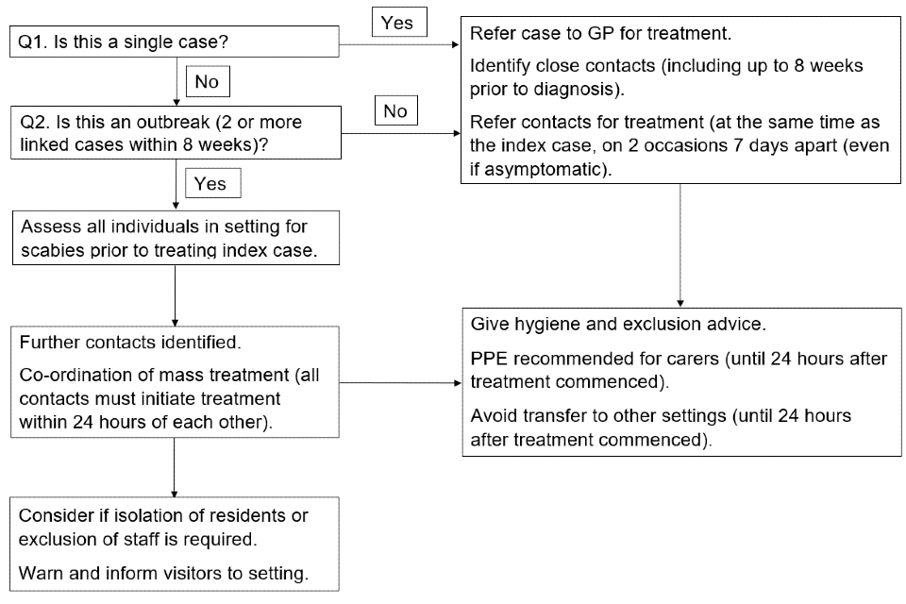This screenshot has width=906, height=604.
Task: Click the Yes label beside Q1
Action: pyautogui.click(x=398, y=22)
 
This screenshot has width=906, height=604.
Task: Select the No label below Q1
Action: pyautogui.click(x=208, y=81)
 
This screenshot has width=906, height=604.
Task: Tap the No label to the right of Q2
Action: pyautogui.click(x=395, y=110)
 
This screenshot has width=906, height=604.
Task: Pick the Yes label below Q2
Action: pyautogui.click(x=212, y=183)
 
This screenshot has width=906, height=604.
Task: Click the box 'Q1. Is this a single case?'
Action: pyautogui.click(x=174, y=42)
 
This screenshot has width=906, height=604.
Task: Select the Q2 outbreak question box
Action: pyautogui.click(x=176, y=132)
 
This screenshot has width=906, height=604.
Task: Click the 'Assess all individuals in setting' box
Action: pyautogui.click(x=176, y=238)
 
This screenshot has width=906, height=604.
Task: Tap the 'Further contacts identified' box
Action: pyautogui.click(x=175, y=381)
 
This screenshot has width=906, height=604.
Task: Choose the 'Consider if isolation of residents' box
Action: pyautogui.click(x=174, y=544)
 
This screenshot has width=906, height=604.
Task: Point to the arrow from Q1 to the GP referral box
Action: pyautogui.click(x=399, y=44)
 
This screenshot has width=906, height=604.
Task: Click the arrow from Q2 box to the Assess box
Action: pyautogui.click(x=176, y=184)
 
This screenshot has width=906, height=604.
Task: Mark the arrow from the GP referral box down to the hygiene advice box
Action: pyautogui.click(x=680, y=245)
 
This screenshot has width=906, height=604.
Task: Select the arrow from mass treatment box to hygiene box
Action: pyautogui.click(x=400, y=382)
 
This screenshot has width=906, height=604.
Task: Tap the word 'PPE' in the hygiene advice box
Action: pyautogui.click(x=489, y=359)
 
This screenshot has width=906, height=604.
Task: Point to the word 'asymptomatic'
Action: pyautogui.click(x=546, y=169)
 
